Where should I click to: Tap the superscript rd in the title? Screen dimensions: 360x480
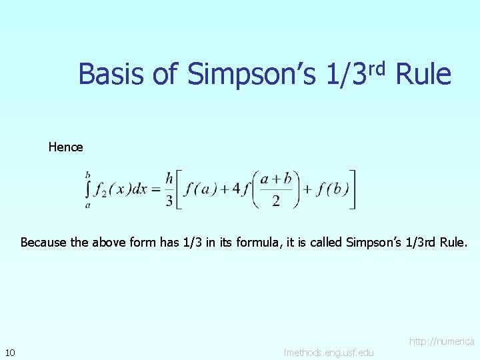click(377, 67)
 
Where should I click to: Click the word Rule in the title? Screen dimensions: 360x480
click(423, 74)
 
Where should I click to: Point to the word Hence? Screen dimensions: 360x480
click(65, 147)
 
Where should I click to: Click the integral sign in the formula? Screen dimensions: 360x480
click(87, 190)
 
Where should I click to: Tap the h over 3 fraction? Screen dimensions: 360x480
click(169, 190)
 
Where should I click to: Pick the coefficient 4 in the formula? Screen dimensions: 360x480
click(235, 190)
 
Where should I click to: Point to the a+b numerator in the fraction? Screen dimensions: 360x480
click(276, 180)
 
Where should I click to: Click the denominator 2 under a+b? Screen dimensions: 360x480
click(276, 201)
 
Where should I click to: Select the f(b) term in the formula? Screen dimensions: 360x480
click(332, 190)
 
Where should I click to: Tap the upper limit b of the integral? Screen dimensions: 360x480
click(88, 175)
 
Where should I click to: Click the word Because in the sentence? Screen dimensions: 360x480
click(43, 243)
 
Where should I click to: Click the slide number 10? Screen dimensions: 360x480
click(10, 352)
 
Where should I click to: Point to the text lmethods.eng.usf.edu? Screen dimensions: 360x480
click(329, 352)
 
